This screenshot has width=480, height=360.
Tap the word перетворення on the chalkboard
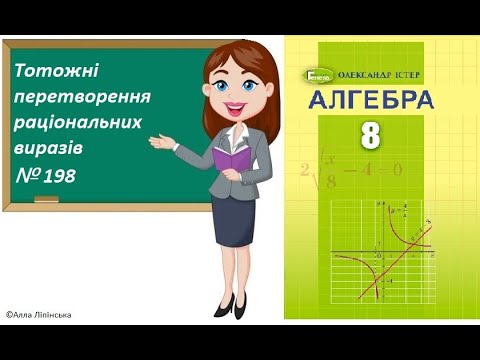[x=77, y=98]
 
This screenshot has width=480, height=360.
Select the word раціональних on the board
[x=77, y=123]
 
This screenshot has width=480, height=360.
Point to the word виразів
[x=50, y=147]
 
